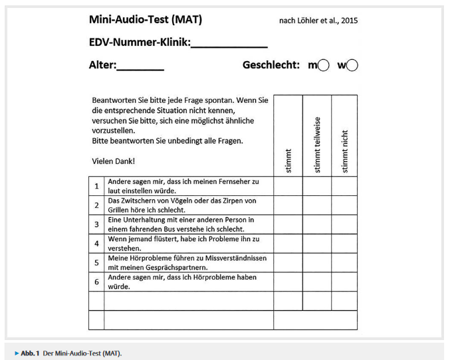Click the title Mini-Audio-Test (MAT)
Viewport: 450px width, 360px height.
coord(146,20)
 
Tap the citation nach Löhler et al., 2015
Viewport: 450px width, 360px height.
coord(318,21)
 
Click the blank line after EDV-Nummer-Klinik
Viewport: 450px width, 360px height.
coord(229,45)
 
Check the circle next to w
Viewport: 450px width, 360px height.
coord(352,66)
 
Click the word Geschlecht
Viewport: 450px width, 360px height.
coord(271,66)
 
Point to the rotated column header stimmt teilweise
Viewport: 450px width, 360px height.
coord(317,146)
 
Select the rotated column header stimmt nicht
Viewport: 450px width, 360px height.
coord(344,151)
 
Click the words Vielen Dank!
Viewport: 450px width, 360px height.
coord(114,161)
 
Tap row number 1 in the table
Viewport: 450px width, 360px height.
coord(96,186)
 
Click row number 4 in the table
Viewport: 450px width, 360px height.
coord(96,243)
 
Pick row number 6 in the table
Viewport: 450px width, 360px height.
coord(96,282)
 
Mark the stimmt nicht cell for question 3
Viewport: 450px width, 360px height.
coord(344,225)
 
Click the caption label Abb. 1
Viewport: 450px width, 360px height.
coord(29,353)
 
